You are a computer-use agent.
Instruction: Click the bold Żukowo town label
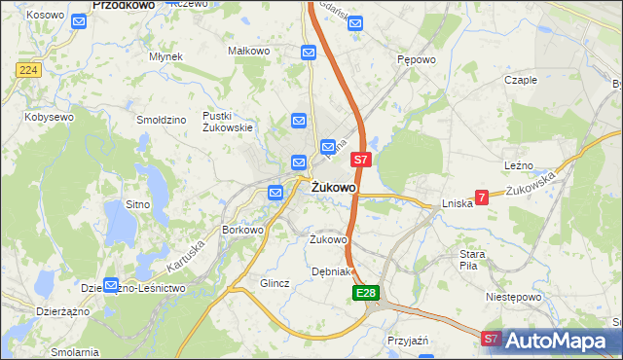[334, 186]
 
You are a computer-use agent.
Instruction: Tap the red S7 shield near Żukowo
[360, 159]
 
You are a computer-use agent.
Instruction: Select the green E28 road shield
[365, 293]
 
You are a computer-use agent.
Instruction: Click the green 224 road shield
[27, 70]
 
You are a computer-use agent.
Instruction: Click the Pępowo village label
[416, 59]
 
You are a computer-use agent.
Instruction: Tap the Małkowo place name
[247, 50]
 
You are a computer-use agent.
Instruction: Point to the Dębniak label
[330, 271]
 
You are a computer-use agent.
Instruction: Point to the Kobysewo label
[50, 117]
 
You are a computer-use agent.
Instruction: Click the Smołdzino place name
[162, 120]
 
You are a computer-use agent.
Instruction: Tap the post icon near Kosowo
[79, 18]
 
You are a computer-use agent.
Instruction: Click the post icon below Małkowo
[309, 53]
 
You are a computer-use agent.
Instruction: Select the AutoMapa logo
[558, 340]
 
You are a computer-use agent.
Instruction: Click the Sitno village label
[137, 204]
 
